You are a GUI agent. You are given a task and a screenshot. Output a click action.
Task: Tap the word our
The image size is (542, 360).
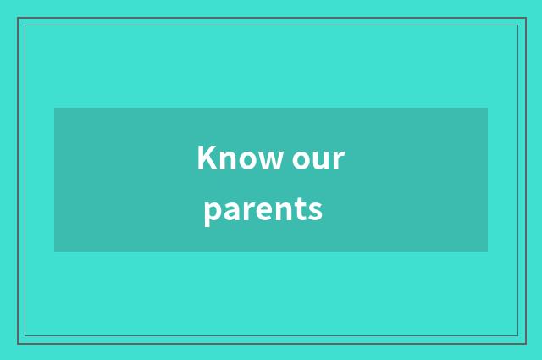coord(318,159)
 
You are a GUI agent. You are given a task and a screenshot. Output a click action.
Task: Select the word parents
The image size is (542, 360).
coord(263,208)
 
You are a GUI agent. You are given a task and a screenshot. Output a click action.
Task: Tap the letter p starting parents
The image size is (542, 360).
coord(211,211)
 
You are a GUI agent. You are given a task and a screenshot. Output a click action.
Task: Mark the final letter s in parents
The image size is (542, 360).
coord(315,209)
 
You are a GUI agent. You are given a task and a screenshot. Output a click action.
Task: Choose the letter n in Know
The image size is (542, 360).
coord(223,160)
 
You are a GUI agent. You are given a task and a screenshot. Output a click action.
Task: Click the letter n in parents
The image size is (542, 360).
coord(280,209)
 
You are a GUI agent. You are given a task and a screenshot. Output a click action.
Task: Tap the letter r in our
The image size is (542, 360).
coord(339,160)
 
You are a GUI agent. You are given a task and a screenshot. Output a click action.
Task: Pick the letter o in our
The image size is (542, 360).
coord(302,160)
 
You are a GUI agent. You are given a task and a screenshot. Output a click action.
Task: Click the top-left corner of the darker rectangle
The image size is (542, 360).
coord(54,108)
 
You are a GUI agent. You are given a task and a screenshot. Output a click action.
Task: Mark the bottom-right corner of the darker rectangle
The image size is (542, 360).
coord(488,252)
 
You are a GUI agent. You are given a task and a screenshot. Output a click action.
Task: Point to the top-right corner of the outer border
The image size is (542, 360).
coord(526,18)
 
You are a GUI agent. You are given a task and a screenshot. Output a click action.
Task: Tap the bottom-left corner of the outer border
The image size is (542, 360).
coord(18,343)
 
